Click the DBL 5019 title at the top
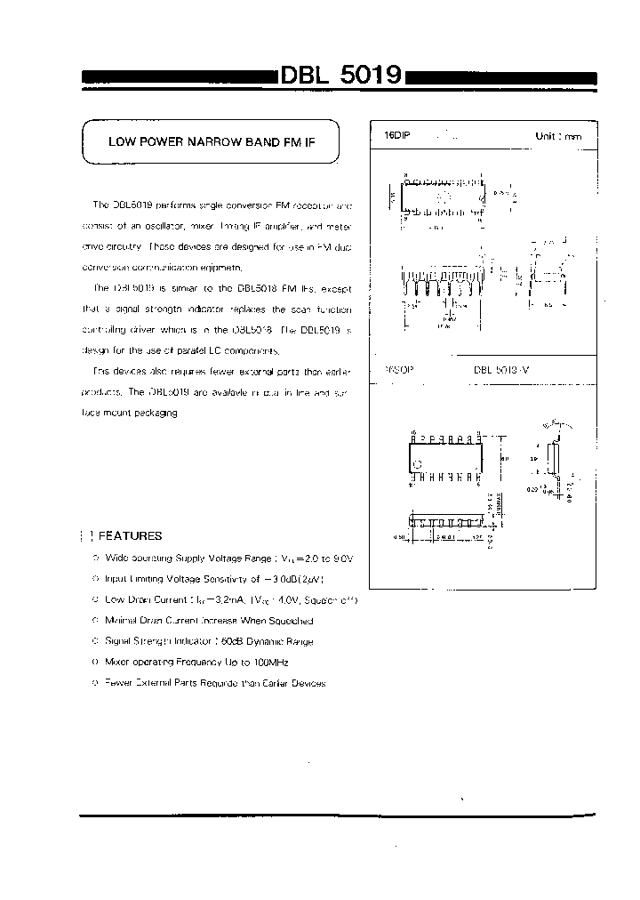point(341,76)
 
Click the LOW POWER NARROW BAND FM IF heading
point(212,141)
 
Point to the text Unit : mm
point(558,136)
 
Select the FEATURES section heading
point(130,536)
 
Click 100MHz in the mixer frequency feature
point(269,663)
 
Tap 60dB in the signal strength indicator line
point(230,641)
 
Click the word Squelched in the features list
point(286,621)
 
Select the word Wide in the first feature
point(116,558)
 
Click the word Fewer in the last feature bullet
point(118,683)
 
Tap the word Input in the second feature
point(116,579)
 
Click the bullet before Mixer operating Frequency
point(95,663)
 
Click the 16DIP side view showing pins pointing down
point(443,283)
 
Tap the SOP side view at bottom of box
point(444,519)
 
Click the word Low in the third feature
point(114,600)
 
